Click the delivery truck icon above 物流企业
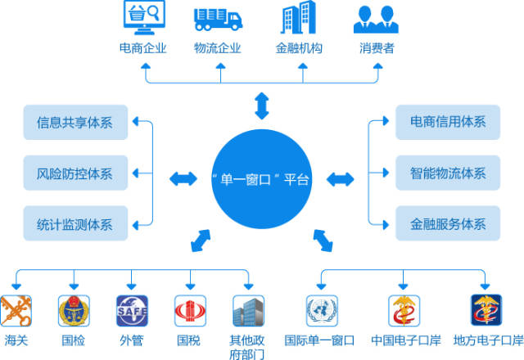(x=218, y=20)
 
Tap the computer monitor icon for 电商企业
(x=144, y=17)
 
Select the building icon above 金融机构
(x=298, y=17)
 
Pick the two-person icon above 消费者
(x=376, y=20)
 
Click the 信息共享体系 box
(x=75, y=122)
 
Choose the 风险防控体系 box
(x=75, y=173)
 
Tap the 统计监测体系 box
(x=75, y=223)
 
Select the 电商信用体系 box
(x=448, y=122)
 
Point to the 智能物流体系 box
(x=448, y=173)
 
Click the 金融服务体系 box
(x=448, y=223)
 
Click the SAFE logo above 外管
(x=132, y=311)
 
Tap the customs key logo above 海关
(x=16, y=311)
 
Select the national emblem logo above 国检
(x=74, y=311)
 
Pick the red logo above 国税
(x=190, y=311)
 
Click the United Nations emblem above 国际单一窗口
(x=322, y=311)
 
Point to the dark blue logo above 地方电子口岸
(x=486, y=310)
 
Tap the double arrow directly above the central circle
(x=262, y=106)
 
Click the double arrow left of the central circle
(x=183, y=178)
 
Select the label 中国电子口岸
(x=406, y=340)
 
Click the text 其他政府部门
(x=247, y=347)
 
